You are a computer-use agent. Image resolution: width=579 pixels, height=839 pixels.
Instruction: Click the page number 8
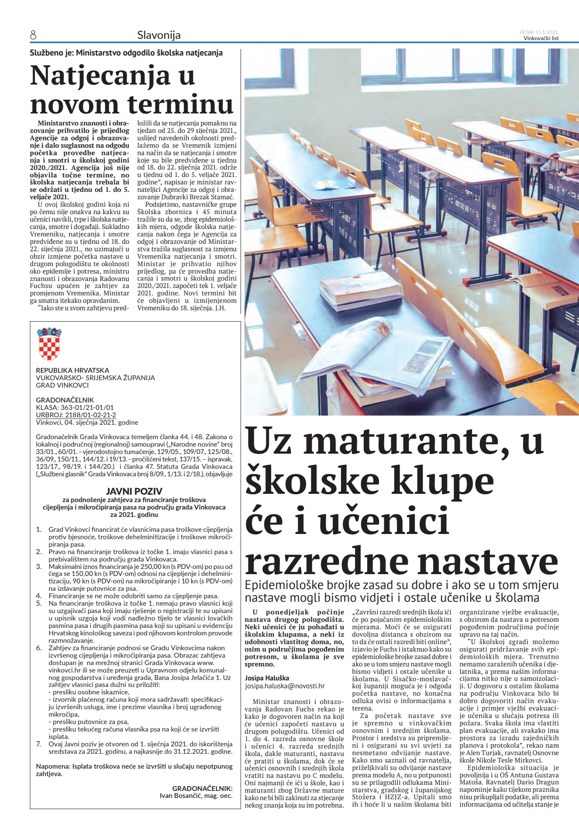33,35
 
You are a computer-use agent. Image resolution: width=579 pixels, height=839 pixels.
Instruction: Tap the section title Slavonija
159,35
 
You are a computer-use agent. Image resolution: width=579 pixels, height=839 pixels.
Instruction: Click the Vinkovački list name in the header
541,38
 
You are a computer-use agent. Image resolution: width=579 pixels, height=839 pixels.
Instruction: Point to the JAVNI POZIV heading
134,491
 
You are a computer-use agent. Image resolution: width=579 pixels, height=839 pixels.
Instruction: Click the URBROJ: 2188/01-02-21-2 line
76,415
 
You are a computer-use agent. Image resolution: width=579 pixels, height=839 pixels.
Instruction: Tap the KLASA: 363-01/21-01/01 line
75,407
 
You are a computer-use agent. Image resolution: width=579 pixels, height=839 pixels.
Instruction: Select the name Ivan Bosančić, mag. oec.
196,795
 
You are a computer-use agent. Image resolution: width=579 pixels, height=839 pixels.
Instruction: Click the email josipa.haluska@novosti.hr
284,686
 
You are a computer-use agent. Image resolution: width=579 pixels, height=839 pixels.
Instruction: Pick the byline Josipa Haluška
267,678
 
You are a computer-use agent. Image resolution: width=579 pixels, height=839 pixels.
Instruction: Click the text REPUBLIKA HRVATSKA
72,370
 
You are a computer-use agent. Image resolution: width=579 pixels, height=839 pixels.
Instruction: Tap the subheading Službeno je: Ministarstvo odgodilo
126,53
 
